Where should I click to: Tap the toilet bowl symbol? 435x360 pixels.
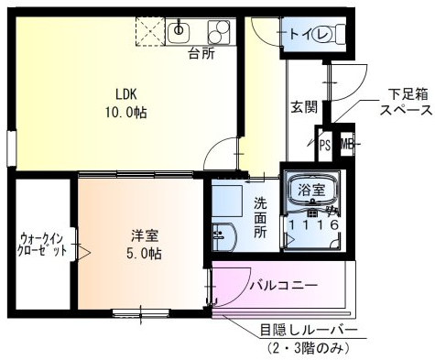[324, 36]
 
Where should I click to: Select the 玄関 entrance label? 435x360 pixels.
[304, 106]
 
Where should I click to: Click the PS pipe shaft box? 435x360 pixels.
[325, 144]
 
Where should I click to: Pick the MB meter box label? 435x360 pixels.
[346, 144]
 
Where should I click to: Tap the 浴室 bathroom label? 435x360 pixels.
[310, 191]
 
